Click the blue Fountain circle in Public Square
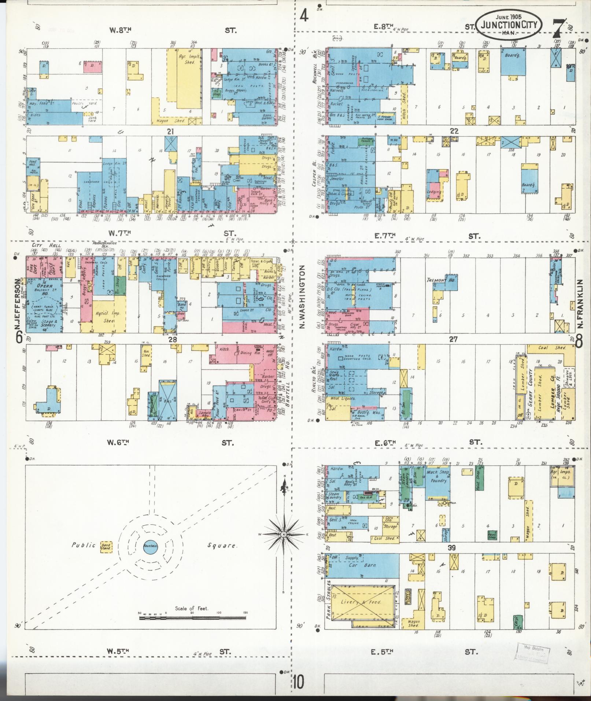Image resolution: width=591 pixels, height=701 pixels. click(150, 546)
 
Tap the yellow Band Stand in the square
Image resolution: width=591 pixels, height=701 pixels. click(106, 547)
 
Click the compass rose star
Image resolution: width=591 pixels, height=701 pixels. click(283, 535)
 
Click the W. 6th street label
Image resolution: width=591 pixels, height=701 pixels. click(118, 443)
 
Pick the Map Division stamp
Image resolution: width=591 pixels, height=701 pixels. click(532, 653)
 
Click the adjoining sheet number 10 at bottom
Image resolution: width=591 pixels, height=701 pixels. click(298, 683)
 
